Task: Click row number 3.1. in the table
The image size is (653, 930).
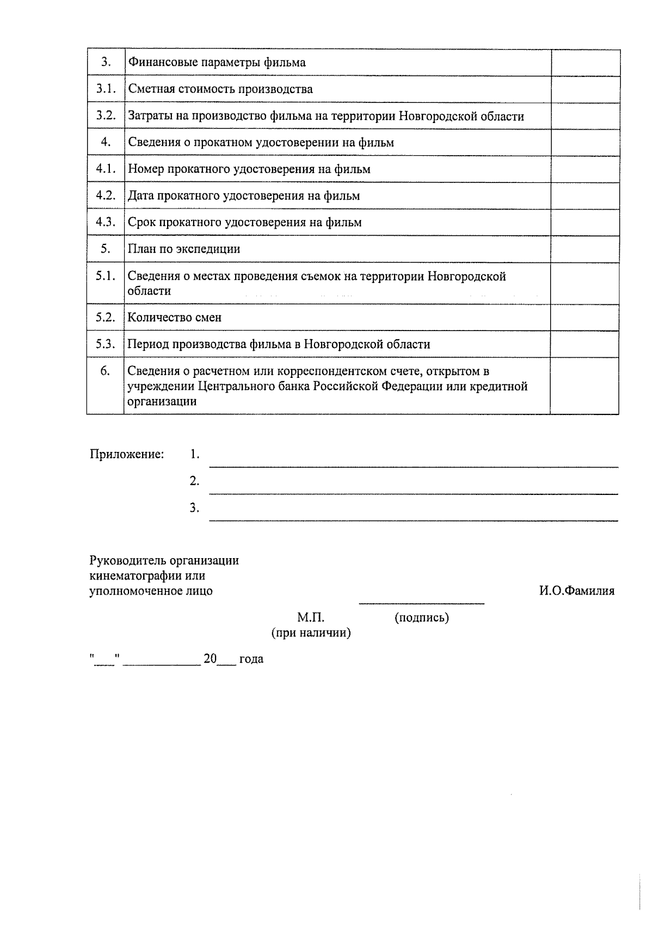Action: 106,89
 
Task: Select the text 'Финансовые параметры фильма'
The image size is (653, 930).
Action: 217,62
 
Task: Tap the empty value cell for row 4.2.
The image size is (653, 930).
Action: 585,195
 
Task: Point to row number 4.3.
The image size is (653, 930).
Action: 106,222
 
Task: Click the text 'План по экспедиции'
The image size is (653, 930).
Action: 184,249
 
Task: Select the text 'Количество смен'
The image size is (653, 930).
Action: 175,317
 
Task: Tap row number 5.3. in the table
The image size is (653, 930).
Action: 106,344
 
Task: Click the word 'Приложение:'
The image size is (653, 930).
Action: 127,454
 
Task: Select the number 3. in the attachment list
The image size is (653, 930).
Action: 194,508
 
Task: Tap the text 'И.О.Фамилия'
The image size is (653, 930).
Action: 577,591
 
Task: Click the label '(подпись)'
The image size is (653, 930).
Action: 422,617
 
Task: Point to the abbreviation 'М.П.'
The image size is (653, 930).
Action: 311,617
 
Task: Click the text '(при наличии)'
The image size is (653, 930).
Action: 311,633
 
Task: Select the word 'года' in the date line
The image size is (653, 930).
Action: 251,659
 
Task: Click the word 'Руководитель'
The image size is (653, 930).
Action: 128,560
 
